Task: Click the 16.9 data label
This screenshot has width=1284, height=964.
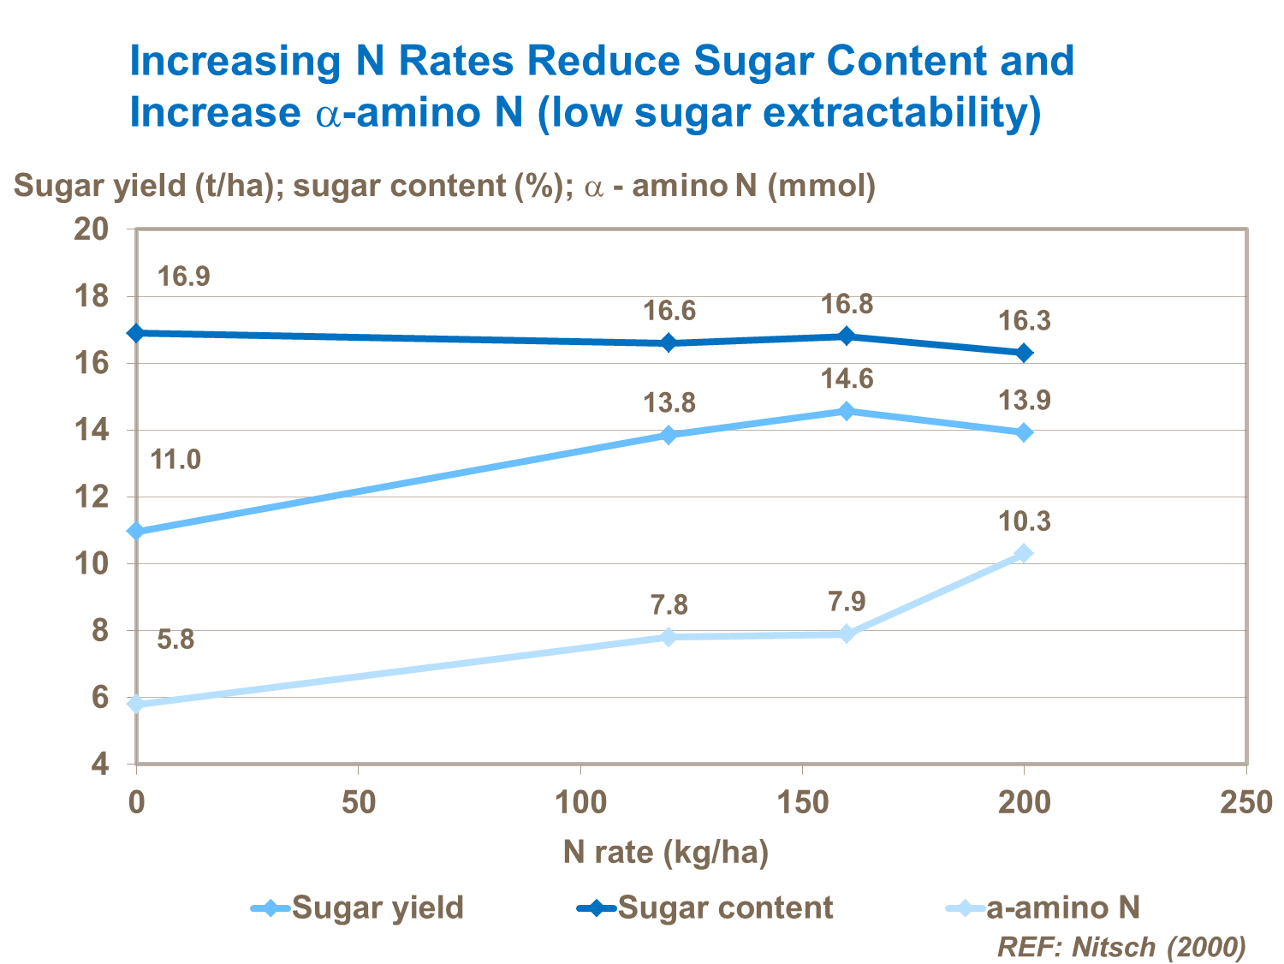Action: [183, 277]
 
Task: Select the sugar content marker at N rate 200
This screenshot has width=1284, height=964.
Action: [1024, 353]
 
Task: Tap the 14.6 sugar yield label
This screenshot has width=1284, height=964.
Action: [847, 378]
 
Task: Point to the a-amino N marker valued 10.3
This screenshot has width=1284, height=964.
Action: [1024, 554]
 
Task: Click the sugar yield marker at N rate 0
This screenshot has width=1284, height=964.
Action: [136, 532]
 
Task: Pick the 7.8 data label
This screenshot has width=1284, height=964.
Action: [669, 605]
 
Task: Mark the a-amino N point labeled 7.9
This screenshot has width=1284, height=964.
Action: [847, 634]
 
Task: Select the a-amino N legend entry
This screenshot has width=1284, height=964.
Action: [1043, 907]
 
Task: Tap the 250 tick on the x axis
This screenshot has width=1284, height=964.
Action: [1245, 803]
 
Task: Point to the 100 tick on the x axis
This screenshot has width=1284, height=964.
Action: [580, 803]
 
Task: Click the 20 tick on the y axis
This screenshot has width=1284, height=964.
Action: [92, 229]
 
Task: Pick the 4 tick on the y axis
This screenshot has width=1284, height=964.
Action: [100, 764]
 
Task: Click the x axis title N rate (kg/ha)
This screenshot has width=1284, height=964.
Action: [666, 852]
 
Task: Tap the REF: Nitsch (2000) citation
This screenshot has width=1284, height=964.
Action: [1121, 947]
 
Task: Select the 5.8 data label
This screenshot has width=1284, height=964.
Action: [175, 640]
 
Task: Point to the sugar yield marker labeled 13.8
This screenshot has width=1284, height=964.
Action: [669, 435]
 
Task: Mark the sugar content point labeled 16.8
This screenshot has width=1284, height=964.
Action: [847, 336]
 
